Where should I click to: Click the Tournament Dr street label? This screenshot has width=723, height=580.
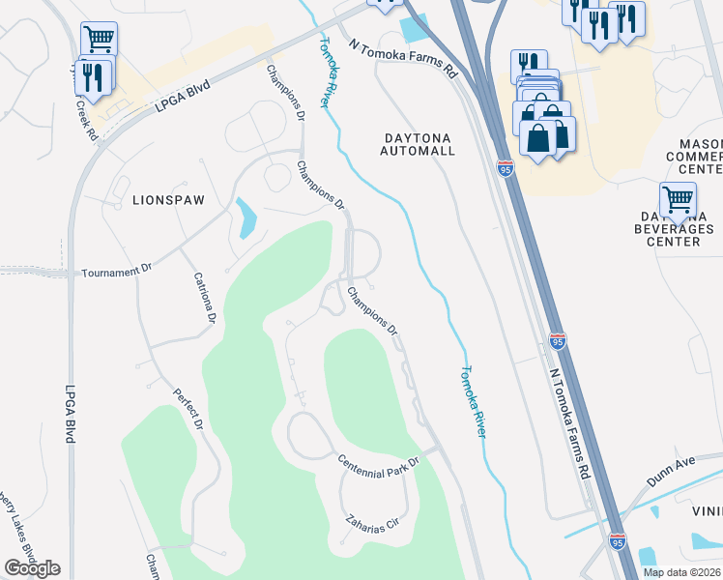pyautogui.click(x=111, y=273)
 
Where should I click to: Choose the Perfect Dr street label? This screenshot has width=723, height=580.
pyautogui.click(x=188, y=410)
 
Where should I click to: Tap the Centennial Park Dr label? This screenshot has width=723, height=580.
pyautogui.click(x=378, y=462)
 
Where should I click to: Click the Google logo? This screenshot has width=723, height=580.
pyautogui.click(x=32, y=568)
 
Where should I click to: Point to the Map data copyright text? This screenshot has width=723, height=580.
pyautogui.click(x=681, y=572)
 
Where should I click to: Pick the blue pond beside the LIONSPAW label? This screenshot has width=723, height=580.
pyautogui.click(x=246, y=218)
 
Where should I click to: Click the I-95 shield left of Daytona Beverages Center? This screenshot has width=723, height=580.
pyautogui.click(x=506, y=166)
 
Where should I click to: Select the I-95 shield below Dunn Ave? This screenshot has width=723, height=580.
pyautogui.click(x=617, y=540)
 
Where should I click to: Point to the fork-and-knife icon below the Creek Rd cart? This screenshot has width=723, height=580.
pyautogui.click(x=94, y=76)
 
